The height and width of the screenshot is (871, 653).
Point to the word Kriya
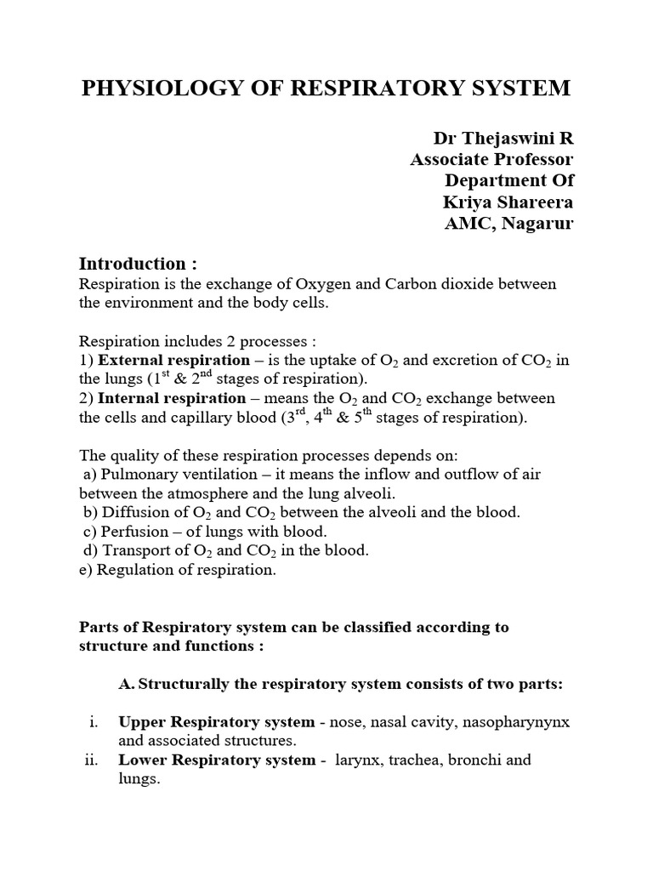coord(468,202)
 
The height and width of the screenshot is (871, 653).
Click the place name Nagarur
coord(535,223)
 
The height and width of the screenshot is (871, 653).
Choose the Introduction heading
coord(132,263)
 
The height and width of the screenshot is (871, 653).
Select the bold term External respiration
coord(166,360)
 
